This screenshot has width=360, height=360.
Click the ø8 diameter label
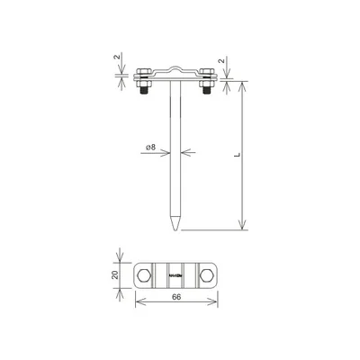[x=150, y=146]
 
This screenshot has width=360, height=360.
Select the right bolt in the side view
[x=207, y=83]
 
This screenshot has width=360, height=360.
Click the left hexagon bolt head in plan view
[x=145, y=274]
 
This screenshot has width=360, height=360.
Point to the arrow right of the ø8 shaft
[x=183, y=153]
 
